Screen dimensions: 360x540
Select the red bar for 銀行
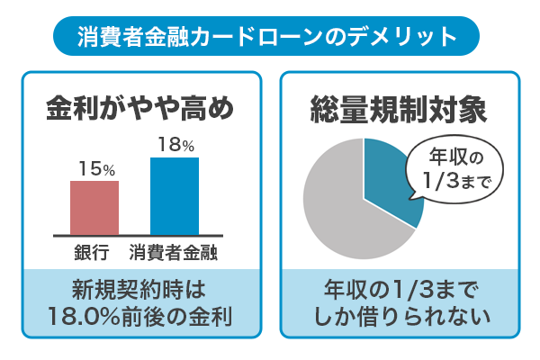(94, 208)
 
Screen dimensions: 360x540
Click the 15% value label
(94, 168)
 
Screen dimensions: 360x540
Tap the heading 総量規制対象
(399, 109)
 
